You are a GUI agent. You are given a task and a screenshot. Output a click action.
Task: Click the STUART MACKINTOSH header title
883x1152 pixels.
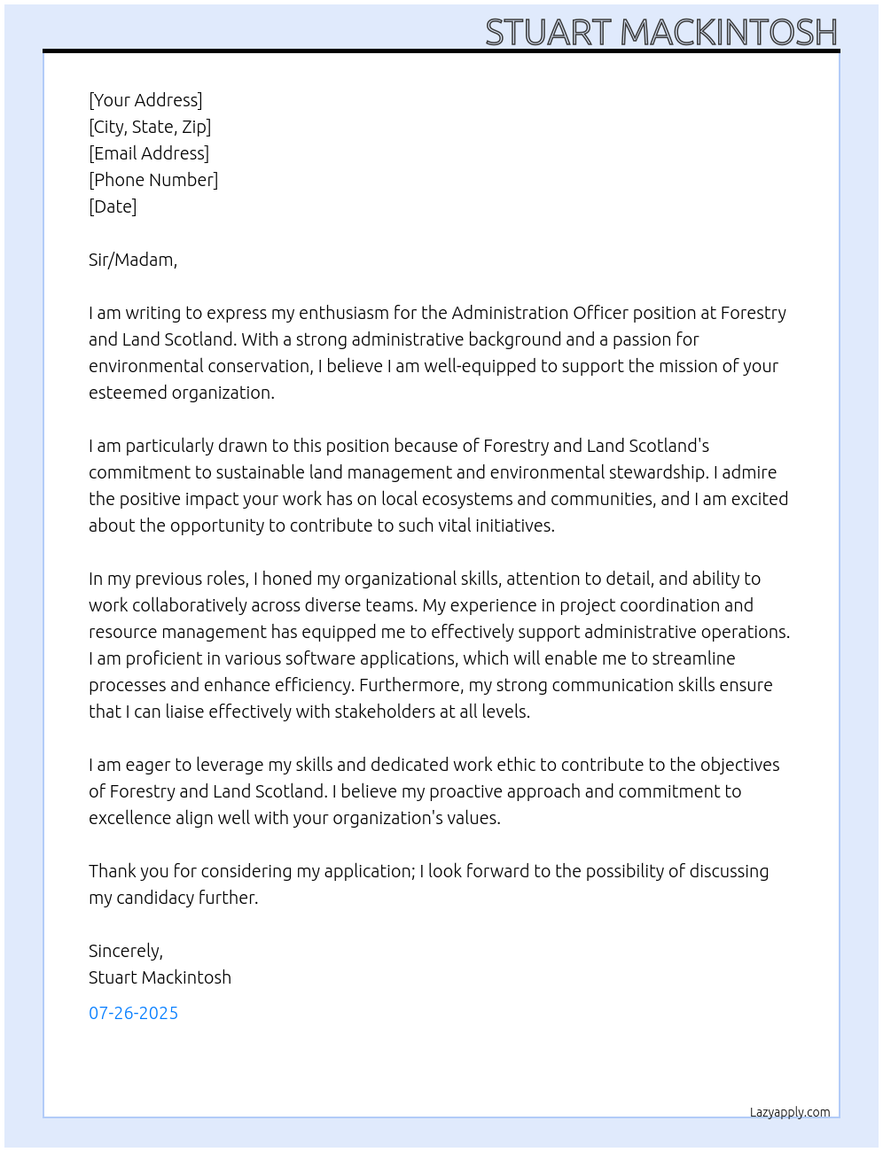(660, 32)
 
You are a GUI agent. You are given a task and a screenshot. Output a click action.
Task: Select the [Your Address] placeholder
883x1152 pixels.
(145, 100)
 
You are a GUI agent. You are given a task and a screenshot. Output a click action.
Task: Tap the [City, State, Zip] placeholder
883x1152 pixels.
(150, 127)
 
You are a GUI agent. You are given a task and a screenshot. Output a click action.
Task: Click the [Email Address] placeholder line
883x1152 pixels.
(149, 153)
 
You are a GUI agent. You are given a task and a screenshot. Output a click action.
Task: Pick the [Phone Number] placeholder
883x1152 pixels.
(153, 180)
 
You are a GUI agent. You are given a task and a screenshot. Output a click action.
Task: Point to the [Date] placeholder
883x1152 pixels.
(113, 206)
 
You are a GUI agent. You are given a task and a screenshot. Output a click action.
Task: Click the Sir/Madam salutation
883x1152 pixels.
(133, 260)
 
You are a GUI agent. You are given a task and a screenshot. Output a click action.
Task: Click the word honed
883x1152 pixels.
(286, 579)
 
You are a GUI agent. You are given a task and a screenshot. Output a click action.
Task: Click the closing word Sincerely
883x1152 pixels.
(125, 951)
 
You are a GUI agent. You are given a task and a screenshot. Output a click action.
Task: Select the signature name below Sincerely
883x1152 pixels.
(160, 977)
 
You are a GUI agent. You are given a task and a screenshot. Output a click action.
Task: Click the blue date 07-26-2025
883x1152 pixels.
(133, 1013)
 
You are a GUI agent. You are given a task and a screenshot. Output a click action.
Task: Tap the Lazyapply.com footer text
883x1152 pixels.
(790, 1112)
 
